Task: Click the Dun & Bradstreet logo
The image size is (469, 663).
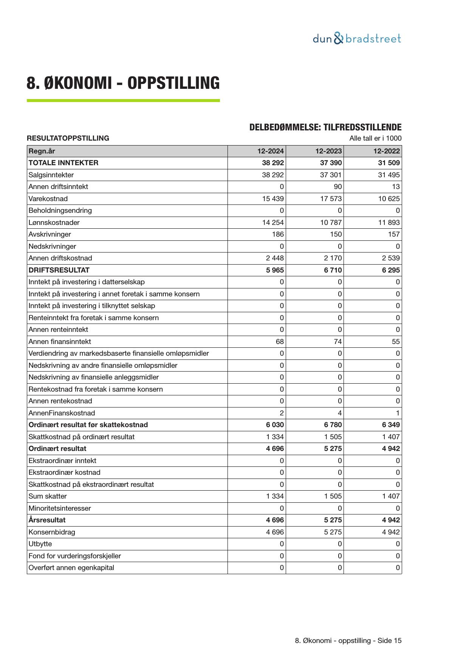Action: point(357,39)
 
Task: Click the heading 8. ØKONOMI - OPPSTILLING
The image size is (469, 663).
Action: point(123,83)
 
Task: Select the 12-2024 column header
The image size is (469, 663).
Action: point(270,151)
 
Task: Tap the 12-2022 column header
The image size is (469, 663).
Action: point(386,151)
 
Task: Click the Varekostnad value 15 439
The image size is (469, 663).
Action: point(273,199)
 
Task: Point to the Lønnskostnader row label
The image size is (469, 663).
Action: point(54,223)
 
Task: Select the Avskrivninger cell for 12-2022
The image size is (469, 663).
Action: point(393,234)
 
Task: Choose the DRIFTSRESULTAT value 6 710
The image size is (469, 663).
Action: point(333,270)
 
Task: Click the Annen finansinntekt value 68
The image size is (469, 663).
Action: point(280,342)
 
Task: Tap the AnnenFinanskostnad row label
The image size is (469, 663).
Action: point(62,413)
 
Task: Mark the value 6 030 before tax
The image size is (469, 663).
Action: point(275,425)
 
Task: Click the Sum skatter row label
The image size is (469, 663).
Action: point(48,496)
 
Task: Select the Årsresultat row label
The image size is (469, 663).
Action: point(47,520)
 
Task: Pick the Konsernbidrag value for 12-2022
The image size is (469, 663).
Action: point(391,532)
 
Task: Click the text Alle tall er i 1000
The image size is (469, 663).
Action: point(375,138)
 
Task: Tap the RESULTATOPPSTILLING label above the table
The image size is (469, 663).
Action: point(68,138)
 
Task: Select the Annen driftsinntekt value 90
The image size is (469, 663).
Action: point(337,187)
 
